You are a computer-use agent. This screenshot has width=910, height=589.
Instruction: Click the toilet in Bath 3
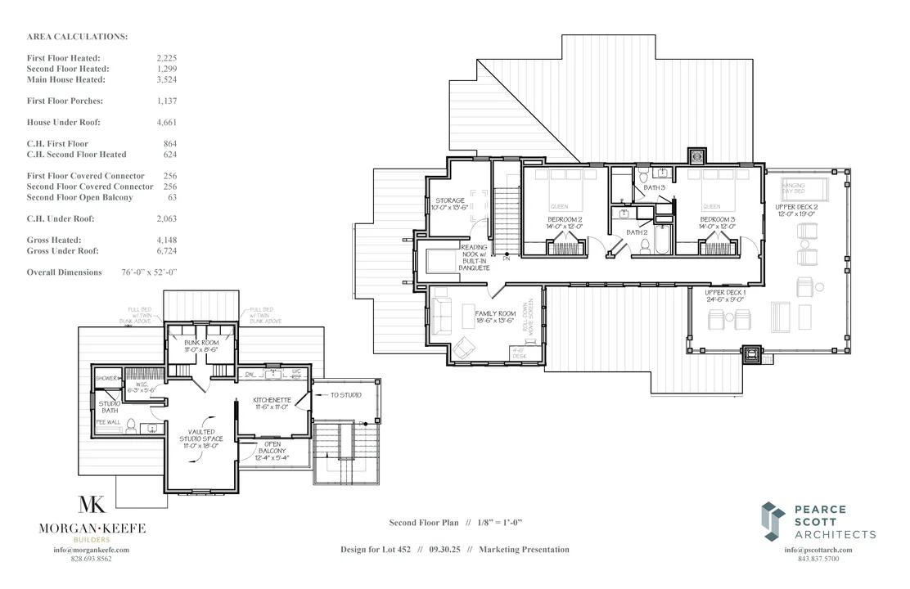click(x=645, y=176)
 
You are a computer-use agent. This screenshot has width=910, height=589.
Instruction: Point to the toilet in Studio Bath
click(x=129, y=425)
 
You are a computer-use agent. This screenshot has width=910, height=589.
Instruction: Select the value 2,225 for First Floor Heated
click(x=166, y=59)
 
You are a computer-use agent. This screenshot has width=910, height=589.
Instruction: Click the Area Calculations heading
click(x=77, y=38)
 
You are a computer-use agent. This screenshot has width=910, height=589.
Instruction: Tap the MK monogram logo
click(x=92, y=506)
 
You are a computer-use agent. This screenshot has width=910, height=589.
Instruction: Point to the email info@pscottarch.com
click(x=818, y=550)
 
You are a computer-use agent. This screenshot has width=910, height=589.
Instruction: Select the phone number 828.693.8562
click(x=92, y=559)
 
